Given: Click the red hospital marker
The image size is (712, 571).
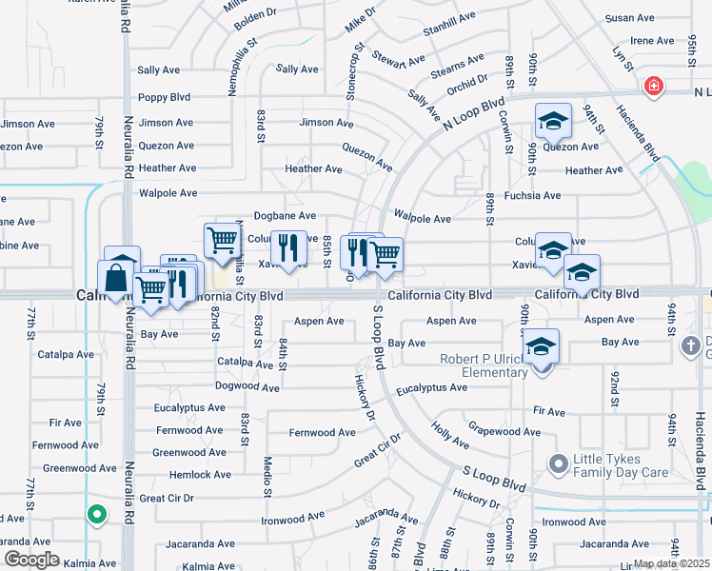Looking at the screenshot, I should [x=653, y=88].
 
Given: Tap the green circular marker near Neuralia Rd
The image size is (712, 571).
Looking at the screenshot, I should [x=96, y=515].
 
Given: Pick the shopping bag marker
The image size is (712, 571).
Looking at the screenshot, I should [x=116, y=278].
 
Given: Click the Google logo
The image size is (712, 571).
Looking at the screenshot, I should [x=31, y=560].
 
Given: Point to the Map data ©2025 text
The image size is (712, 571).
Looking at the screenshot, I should [x=670, y=563].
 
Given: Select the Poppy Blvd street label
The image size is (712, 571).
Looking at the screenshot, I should [x=165, y=97].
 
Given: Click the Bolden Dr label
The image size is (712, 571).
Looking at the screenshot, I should [x=254, y=15].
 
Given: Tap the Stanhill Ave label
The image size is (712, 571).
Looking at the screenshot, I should [x=448, y=18].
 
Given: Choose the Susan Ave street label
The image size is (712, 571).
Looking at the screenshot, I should [x=630, y=18].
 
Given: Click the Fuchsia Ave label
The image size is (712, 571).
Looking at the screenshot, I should [x=533, y=195].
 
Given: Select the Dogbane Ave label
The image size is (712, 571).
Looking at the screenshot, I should [x=284, y=216].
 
